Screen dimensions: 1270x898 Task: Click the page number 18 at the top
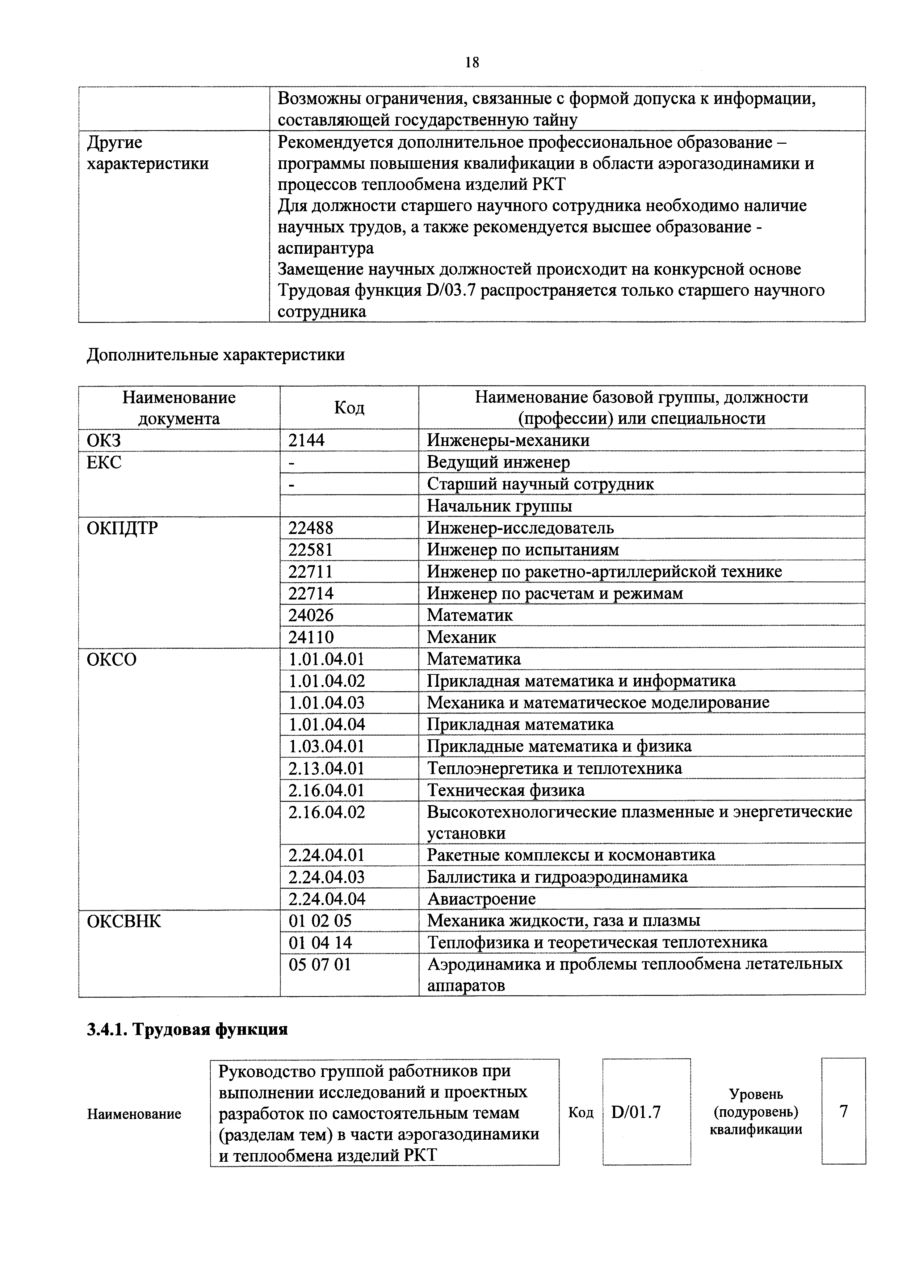pyautogui.click(x=472, y=63)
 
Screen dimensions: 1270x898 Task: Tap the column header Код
pyautogui.click(x=349, y=408)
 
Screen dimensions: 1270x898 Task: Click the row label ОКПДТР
pyautogui.click(x=122, y=528)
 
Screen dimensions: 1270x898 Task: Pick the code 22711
pyautogui.click(x=310, y=571)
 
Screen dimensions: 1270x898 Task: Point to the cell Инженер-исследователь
pyautogui.click(x=520, y=528)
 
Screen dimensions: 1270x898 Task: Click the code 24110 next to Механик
pyautogui.click(x=310, y=637)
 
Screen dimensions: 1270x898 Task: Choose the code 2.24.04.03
pyautogui.click(x=327, y=877)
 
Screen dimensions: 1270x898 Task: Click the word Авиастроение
pyautogui.click(x=481, y=899)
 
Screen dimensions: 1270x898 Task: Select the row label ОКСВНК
pyautogui.click(x=124, y=921)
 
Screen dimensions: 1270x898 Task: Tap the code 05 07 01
pyautogui.click(x=320, y=965)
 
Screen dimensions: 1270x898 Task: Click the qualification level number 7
pyautogui.click(x=843, y=1111)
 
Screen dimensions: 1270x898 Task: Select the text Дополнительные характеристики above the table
pyautogui.click(x=216, y=354)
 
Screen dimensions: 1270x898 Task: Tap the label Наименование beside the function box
pyautogui.click(x=134, y=1114)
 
